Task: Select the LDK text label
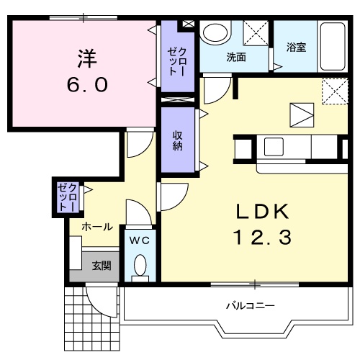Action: pyautogui.click(x=263, y=212)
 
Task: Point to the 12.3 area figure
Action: pyautogui.click(x=264, y=238)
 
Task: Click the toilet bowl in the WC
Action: pyautogui.click(x=140, y=266)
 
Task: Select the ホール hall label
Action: pyautogui.click(x=96, y=227)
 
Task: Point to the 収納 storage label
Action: pyautogui.click(x=177, y=140)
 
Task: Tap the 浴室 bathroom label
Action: pyautogui.click(x=296, y=49)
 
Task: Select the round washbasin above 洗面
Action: pyautogui.click(x=214, y=33)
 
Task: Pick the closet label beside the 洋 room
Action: pyautogui.click(x=177, y=61)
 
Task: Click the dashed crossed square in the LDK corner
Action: pyautogui.click(x=331, y=91)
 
